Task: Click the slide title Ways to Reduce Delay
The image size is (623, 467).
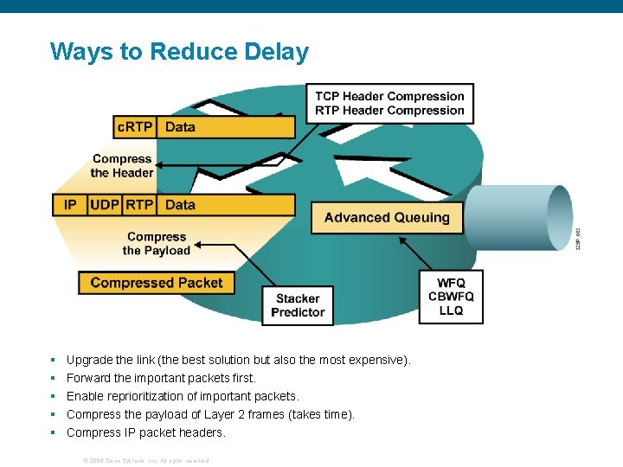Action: [x=179, y=52]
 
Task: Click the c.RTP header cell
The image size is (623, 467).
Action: [x=135, y=127]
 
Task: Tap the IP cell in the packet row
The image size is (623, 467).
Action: [x=70, y=205]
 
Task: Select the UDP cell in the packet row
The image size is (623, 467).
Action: [x=105, y=205]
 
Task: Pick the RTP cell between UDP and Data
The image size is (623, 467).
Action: [x=139, y=205]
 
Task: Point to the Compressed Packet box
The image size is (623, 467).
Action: [x=156, y=283]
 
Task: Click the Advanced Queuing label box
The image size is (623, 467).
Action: [x=387, y=218]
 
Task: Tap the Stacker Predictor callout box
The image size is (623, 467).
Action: [x=298, y=305]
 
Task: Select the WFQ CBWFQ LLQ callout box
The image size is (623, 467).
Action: [x=451, y=297]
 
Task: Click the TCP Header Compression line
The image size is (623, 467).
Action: [x=389, y=96]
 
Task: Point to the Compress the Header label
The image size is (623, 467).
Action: [x=122, y=166]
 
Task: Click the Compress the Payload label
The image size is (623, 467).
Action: [x=157, y=244]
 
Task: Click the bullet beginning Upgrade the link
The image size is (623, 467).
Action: [x=238, y=360]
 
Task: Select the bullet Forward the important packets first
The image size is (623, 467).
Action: [x=161, y=378]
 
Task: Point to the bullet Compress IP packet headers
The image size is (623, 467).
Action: [x=145, y=432]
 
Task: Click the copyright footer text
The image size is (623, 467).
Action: [x=145, y=460]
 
